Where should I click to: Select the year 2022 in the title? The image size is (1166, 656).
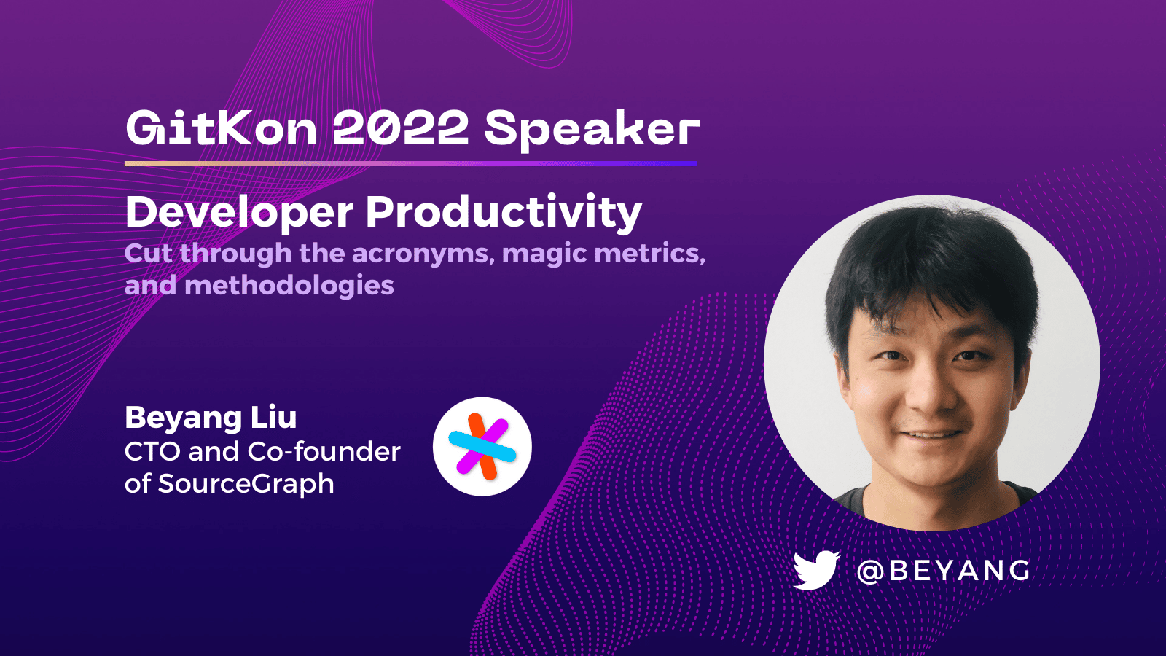point(400,129)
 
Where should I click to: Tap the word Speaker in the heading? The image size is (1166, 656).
point(592,130)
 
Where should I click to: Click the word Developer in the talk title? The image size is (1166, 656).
point(239,213)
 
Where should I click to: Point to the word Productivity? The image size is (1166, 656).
point(504,213)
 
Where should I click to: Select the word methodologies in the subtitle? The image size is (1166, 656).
point(289,285)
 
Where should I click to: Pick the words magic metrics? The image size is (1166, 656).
point(603,254)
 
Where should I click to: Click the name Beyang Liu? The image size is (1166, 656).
point(211,418)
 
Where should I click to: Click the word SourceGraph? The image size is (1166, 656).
point(246,484)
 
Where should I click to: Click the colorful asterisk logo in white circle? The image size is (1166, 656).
point(482,447)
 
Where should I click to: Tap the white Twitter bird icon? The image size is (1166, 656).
point(815,570)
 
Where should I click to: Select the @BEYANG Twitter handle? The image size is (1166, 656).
point(944,571)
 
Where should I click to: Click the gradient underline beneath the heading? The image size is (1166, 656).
point(410,163)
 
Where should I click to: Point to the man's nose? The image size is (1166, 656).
point(927,390)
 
